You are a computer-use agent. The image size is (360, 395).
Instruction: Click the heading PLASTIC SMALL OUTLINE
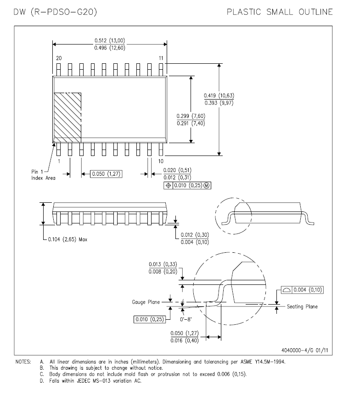280,12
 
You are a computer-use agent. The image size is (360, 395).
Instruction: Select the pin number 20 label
58,58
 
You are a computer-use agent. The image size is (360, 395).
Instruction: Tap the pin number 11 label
161,58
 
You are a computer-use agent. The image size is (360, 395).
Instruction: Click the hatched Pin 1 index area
67,117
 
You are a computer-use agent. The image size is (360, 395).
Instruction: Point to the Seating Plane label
302,306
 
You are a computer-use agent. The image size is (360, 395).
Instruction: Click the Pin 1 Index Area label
43,175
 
